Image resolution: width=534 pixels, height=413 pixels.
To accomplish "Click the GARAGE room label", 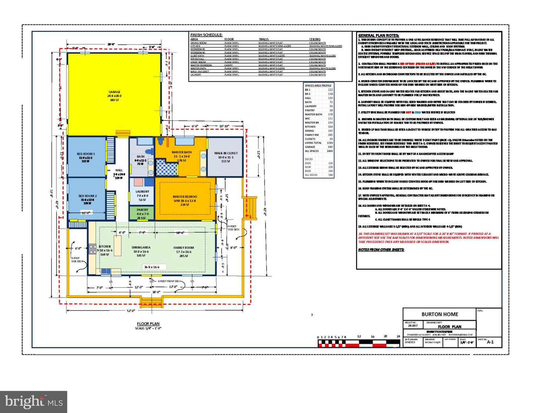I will (114, 92).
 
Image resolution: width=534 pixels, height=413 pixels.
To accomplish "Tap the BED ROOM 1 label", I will (86, 154).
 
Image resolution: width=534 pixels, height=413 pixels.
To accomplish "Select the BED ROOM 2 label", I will (88, 196).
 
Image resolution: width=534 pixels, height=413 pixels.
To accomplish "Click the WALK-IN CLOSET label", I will (226, 153).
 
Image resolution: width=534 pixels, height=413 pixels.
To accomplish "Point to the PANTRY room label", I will (142, 210).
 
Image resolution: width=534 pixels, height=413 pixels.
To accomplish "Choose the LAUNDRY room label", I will (142, 191).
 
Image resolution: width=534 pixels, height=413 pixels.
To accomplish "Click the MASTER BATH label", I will (182, 152).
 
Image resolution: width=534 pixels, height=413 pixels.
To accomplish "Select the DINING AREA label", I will (141, 248).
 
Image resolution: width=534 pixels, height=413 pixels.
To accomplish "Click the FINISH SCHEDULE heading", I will (206, 35).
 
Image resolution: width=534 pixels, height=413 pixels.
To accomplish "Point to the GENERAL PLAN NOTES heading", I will (378, 35).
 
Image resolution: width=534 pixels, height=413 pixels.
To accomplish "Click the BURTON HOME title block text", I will (440, 314).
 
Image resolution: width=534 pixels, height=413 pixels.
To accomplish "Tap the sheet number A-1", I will (490, 342).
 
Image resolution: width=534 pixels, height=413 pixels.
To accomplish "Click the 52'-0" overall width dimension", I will (131, 311).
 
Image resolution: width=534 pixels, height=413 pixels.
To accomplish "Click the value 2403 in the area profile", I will (330, 151).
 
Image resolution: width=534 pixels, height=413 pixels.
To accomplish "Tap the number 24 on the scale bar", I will (398, 337).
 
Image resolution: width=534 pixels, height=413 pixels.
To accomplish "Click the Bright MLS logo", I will (34, 401).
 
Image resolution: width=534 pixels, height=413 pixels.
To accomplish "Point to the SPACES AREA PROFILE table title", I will (318, 85).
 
